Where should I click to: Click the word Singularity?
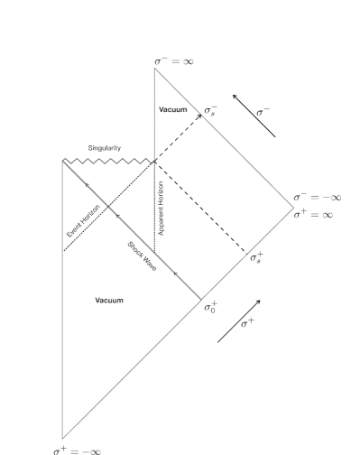105,148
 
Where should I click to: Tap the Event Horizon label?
83,221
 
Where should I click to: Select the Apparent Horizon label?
162,209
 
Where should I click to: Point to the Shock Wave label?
142,256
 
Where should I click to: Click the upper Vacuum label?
173,109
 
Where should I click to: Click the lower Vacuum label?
109,301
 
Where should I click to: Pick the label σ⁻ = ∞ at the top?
174,61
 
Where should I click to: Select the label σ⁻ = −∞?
318,197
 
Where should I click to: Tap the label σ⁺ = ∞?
313,215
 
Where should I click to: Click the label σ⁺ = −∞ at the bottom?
77,451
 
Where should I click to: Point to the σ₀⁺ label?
210,307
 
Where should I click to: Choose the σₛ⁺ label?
256,258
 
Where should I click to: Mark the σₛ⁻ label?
210,111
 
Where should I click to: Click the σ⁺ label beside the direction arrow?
247,323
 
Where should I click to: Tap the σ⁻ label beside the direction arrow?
263,112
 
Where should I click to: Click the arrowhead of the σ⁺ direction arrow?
258,302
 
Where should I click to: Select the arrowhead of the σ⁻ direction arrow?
235,97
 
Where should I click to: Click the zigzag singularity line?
108,162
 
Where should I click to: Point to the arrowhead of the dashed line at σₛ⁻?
199,116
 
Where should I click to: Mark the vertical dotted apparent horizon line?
154,207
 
